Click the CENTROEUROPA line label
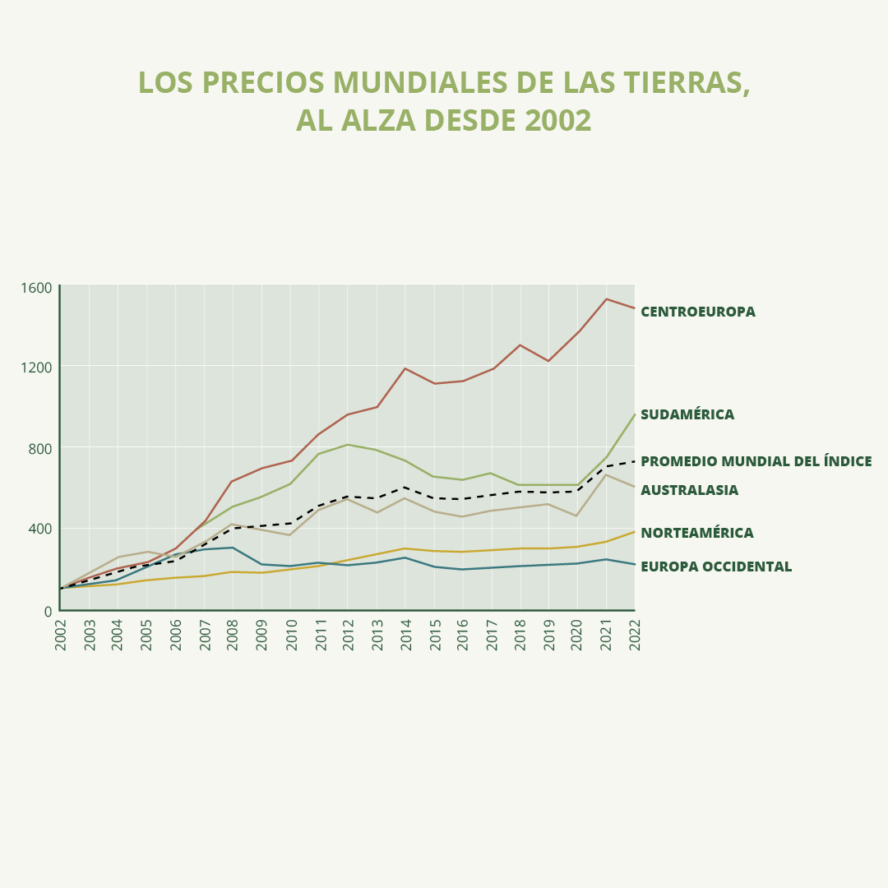[697, 312]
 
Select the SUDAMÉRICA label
[687, 414]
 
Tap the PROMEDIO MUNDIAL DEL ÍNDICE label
[756, 461]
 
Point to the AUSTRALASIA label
[689, 490]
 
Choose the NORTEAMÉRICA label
[696, 533]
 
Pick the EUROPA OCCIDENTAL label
[715, 567]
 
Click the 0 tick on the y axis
[48, 611]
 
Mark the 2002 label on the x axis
[61, 634]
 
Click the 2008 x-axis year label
[233, 634]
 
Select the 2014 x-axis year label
[405, 634]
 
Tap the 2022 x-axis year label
[635, 634]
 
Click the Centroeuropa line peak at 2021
[606, 299]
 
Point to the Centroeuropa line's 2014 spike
[405, 368]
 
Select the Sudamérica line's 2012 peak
[348, 445]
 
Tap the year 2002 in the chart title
[557, 121]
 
